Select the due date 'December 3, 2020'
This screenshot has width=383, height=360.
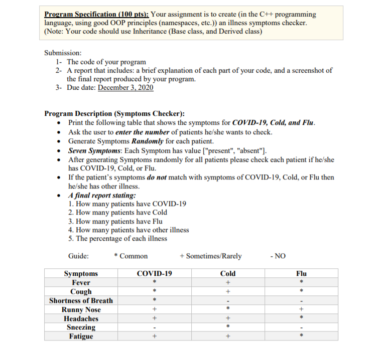125,88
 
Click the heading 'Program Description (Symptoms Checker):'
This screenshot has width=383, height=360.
114,114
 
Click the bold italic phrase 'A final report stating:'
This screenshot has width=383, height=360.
101,195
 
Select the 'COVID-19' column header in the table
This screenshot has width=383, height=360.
154,274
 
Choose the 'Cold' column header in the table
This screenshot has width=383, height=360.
227,274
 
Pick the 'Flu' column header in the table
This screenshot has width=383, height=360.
301,274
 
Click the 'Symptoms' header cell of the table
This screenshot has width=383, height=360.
81,274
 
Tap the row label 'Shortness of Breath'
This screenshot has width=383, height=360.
81,301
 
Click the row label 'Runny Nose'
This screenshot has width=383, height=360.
81,310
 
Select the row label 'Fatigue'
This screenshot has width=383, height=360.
81,336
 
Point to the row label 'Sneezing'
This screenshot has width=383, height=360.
81,327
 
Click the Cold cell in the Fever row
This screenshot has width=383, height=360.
227,283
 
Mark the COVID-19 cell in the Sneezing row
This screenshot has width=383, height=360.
154,327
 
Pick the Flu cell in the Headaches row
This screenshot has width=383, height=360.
301,318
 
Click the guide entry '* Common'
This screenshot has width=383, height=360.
131,256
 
